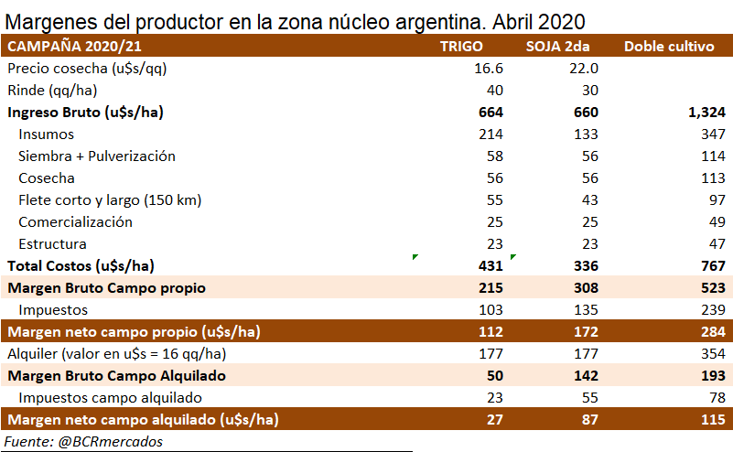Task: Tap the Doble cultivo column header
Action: coord(668,47)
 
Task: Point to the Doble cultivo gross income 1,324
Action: coord(695,113)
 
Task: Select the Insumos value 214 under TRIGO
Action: coord(491,135)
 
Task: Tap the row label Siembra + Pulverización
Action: coord(96,156)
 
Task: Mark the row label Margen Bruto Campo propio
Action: coord(106,287)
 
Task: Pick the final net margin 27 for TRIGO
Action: coord(495,419)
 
